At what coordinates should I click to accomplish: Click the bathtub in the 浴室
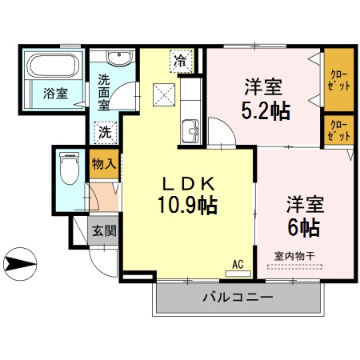point(54,66)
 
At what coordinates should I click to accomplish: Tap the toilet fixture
point(70,168)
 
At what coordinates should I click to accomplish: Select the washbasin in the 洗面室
point(119,57)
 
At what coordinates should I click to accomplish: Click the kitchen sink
point(190,131)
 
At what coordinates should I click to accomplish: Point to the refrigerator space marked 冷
point(182,61)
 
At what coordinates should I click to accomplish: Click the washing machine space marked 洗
point(106,133)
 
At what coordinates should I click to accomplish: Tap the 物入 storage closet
point(104,164)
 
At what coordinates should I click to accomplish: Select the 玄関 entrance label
point(104,230)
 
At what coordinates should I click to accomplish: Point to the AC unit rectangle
point(238,274)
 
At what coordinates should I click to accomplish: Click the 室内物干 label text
point(294,256)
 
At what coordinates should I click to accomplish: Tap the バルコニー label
point(238,297)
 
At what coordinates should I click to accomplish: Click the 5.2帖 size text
point(266,110)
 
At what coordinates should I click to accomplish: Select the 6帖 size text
point(304,227)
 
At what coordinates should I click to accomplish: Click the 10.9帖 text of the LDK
point(187,205)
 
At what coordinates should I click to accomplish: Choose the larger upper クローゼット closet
point(339,79)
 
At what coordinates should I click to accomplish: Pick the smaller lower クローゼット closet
point(339,130)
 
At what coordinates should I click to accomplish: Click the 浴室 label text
point(56,94)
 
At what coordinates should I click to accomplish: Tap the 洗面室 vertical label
point(104,92)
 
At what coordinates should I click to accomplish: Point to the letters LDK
point(188,184)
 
